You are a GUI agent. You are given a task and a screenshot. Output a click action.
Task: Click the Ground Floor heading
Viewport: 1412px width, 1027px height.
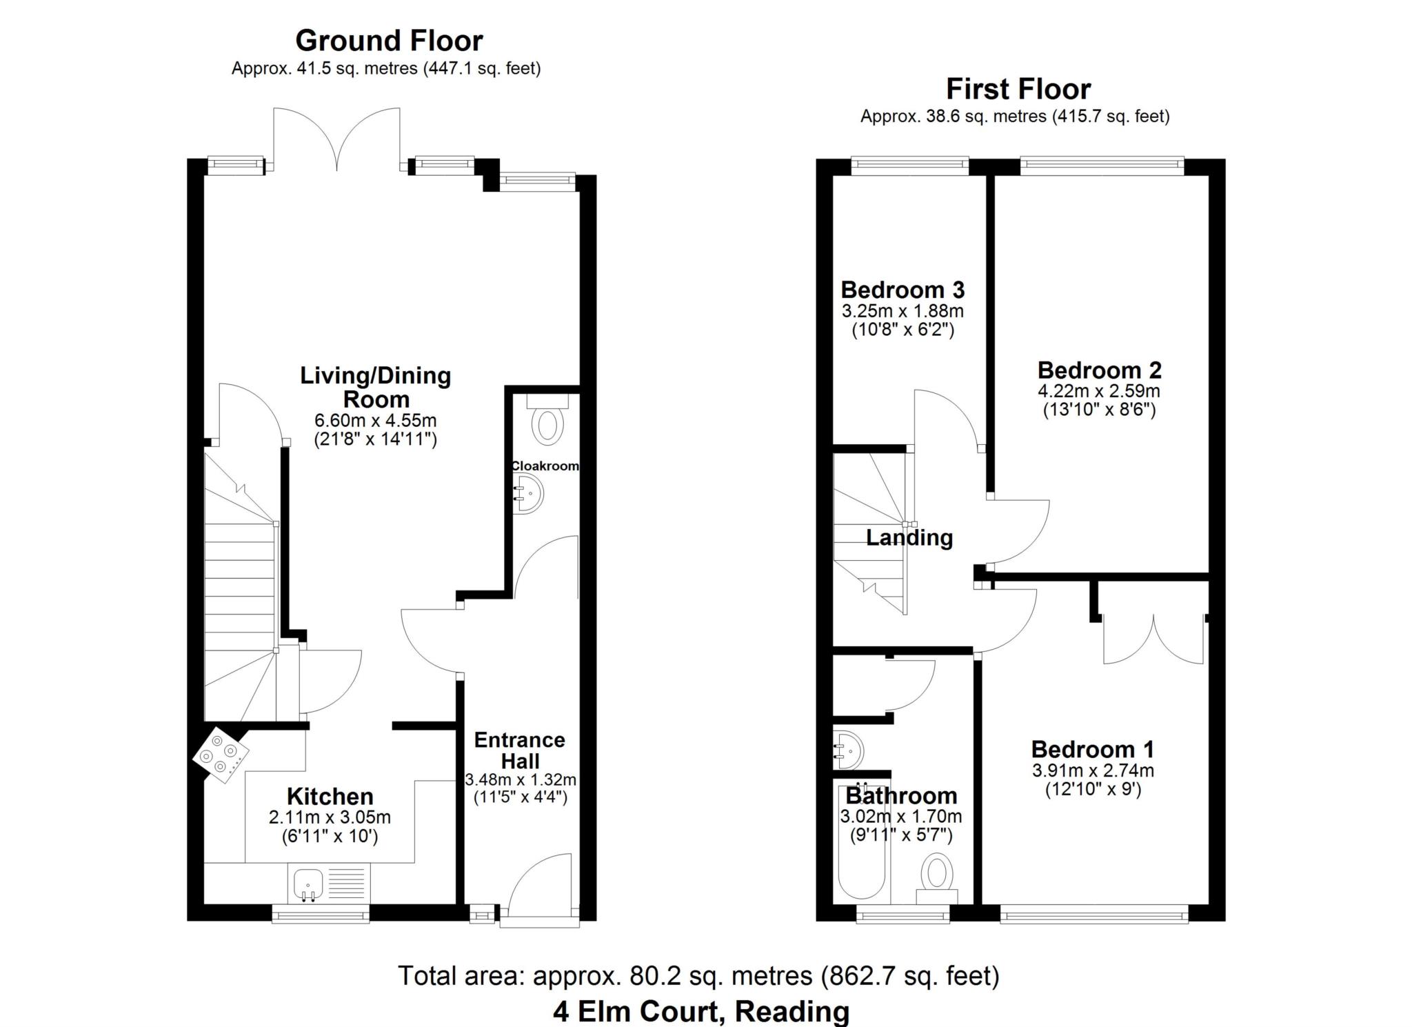[x=389, y=41]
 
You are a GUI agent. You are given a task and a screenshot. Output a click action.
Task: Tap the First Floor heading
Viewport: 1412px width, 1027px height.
[x=1018, y=90]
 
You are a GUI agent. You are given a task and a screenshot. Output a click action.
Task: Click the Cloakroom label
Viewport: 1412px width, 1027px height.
[x=544, y=466]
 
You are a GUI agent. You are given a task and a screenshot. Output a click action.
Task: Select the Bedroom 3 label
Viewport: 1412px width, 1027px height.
[x=902, y=290]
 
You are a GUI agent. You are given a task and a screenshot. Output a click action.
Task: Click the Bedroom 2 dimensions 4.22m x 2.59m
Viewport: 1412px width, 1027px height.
[x=1098, y=391]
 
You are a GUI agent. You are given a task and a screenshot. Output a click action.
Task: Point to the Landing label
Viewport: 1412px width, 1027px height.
[x=909, y=538]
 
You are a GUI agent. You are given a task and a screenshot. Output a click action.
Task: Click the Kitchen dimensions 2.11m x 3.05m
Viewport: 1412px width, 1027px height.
[x=330, y=818]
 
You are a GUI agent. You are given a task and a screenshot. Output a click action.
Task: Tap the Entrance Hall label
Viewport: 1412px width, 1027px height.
[x=520, y=750]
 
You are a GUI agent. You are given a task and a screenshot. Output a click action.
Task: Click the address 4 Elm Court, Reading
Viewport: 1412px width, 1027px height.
[x=700, y=1012]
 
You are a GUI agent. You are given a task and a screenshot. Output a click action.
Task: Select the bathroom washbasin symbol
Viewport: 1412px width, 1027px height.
[x=849, y=750]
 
